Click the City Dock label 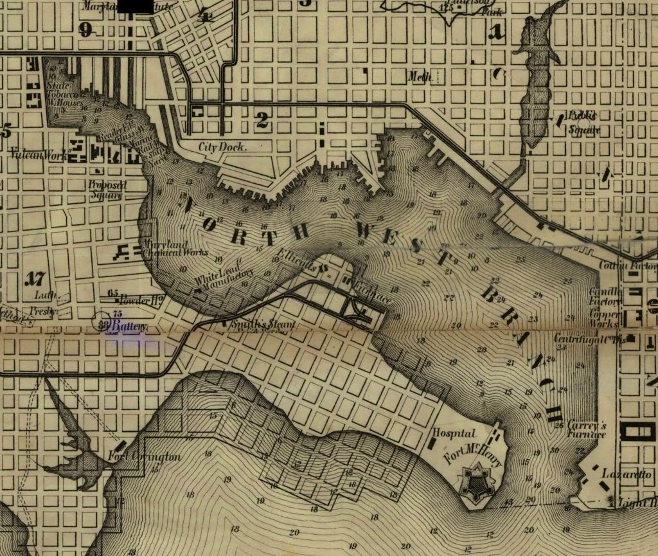pyautogui.click(x=223, y=147)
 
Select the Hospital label pyautogui.click(x=454, y=434)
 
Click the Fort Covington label pyautogui.click(x=145, y=457)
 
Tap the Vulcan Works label pyautogui.click(x=39, y=154)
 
